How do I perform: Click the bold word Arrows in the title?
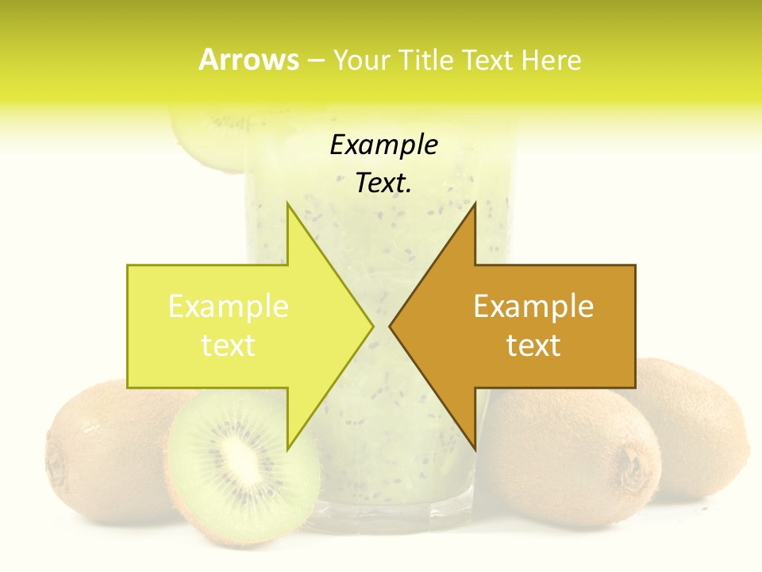click(248, 60)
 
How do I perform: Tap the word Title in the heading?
click(422, 60)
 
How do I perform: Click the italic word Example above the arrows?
click(383, 145)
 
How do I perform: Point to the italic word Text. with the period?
click(383, 183)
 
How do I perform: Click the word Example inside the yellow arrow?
click(229, 307)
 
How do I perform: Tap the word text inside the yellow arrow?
click(228, 346)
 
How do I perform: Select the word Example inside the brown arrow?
click(533, 307)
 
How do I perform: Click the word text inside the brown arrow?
click(533, 346)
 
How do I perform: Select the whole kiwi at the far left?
click(95, 453)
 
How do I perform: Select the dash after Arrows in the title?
click(315, 60)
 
